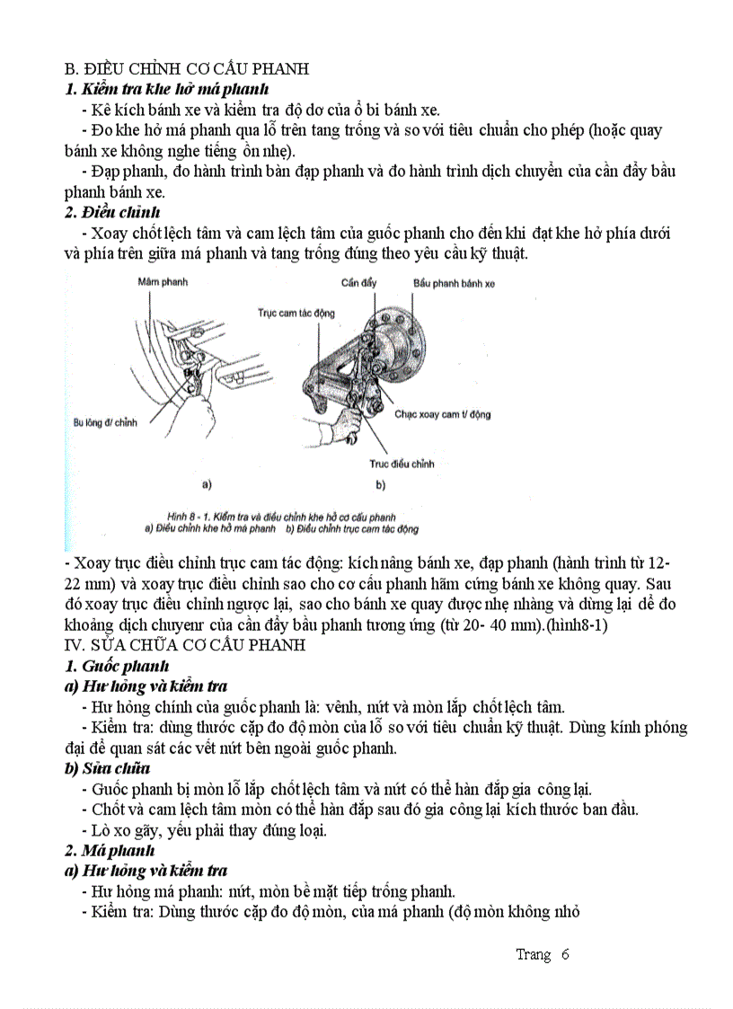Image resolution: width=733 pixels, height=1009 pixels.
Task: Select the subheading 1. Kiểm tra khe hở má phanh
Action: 166,89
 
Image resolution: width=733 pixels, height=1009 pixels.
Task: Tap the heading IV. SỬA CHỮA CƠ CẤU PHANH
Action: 185,645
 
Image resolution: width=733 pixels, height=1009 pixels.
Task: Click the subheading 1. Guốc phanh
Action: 116,666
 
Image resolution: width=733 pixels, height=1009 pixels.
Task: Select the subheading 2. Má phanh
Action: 110,850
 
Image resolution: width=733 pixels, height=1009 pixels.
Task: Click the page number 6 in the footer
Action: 565,954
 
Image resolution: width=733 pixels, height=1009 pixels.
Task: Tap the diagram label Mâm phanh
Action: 163,282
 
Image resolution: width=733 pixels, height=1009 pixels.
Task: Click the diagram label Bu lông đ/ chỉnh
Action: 105,420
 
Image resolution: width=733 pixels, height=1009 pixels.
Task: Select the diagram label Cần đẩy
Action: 358,282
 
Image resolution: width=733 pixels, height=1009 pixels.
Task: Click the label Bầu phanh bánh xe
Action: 454,282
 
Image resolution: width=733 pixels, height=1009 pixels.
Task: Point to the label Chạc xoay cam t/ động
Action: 442,414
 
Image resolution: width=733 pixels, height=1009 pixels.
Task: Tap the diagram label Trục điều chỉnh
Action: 402,464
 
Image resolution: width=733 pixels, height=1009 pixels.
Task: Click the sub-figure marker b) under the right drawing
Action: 380,485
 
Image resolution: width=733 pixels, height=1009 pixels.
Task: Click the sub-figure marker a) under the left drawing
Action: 206,485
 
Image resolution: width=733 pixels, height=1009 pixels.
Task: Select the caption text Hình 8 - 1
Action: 189,518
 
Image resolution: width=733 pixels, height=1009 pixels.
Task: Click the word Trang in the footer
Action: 533,954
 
